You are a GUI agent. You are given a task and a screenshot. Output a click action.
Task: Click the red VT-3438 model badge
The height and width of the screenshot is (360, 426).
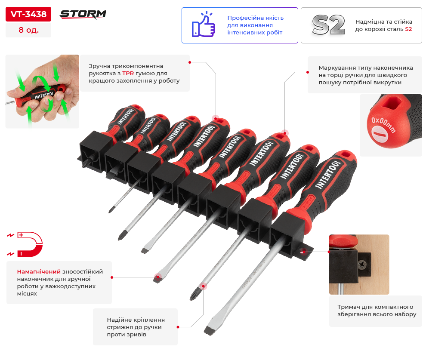point(28,14)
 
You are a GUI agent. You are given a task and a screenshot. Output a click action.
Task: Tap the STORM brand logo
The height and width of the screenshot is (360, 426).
point(83,14)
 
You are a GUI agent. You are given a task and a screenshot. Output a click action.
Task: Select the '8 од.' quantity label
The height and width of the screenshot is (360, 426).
point(28,30)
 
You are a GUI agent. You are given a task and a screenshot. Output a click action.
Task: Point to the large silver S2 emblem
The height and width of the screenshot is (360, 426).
point(328,25)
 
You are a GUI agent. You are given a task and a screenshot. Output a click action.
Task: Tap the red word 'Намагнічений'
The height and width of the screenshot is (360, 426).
point(39,271)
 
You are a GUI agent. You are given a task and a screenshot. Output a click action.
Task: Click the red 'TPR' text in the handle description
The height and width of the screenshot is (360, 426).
point(128,73)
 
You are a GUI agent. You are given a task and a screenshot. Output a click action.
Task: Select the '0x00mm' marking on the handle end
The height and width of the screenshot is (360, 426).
point(383,125)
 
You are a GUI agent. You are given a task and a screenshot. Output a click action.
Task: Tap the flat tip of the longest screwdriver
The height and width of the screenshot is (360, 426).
point(209,331)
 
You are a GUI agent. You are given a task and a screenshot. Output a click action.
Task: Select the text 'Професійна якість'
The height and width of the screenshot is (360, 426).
point(255,18)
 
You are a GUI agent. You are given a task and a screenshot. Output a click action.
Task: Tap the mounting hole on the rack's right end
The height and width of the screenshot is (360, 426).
point(303,252)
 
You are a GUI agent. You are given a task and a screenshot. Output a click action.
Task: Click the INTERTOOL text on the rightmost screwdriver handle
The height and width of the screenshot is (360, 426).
point(328,174)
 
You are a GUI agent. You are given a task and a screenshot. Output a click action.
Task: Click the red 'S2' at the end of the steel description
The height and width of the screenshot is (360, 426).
point(408,29)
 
